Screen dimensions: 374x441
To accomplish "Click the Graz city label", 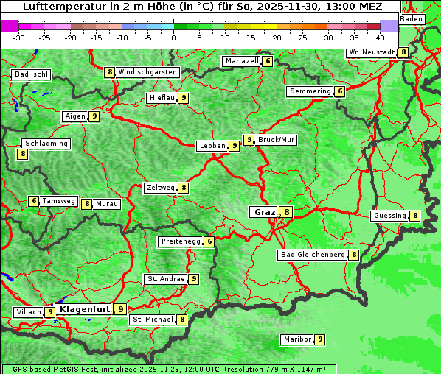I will [264, 212].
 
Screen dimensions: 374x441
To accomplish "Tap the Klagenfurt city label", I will [84, 309].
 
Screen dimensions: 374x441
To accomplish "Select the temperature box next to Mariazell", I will [267, 61].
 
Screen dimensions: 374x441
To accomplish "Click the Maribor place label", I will [296, 339].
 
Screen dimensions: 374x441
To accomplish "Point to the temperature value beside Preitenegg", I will [209, 241].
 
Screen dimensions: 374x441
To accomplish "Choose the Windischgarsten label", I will [147, 72].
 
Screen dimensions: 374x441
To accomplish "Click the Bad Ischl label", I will [31, 74].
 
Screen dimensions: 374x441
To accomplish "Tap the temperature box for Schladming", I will [23, 154].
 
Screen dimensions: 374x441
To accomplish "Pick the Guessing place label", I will [389, 216].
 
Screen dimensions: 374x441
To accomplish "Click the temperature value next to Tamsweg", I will [33, 201].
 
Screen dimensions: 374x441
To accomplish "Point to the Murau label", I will [107, 204].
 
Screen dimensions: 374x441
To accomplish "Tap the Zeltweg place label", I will [161, 188].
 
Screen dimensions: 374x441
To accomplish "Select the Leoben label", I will [212, 146].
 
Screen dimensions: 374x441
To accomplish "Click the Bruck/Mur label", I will [277, 139].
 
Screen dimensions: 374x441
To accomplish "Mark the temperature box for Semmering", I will [339, 91].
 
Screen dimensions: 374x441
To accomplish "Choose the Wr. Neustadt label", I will [372, 52].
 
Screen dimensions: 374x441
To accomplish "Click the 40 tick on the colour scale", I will [379, 38].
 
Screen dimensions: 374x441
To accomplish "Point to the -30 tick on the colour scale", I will [19, 38].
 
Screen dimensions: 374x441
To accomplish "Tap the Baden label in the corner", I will [412, 19].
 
